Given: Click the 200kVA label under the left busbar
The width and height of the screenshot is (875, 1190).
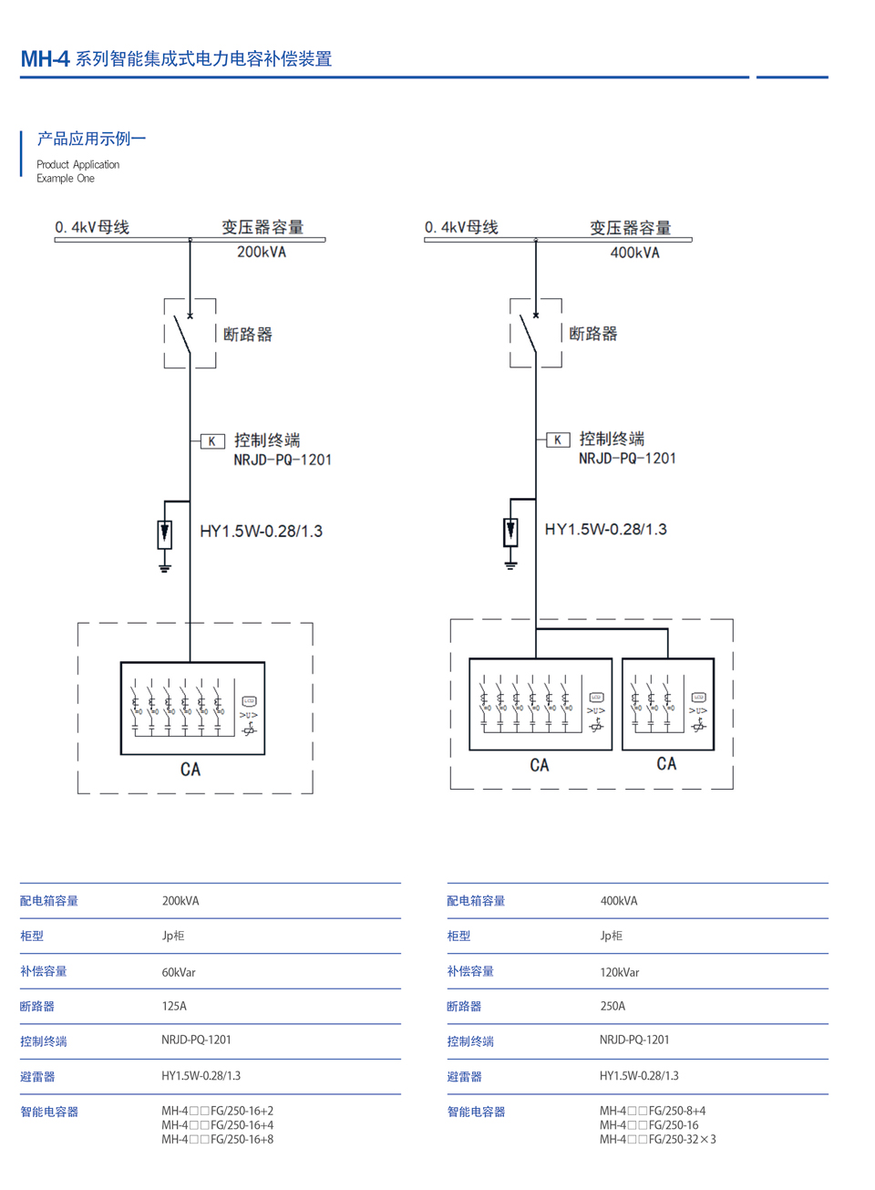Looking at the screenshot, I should pyautogui.click(x=262, y=252).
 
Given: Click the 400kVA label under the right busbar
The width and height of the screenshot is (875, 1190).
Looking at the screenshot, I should pyautogui.click(x=634, y=253).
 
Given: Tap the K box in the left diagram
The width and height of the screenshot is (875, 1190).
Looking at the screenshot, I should pyautogui.click(x=212, y=441).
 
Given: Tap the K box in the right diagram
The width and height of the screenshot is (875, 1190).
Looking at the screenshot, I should pyautogui.click(x=558, y=440).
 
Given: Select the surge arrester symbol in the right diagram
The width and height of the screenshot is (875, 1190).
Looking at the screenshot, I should pyautogui.click(x=510, y=531).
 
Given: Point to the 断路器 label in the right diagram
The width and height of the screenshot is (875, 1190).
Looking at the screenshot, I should pyautogui.click(x=593, y=334).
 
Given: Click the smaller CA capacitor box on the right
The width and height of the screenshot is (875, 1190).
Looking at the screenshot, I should pyautogui.click(x=667, y=704).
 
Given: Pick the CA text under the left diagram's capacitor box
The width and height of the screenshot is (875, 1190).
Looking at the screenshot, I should pyautogui.click(x=190, y=770).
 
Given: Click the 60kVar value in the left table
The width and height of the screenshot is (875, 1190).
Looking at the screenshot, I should pyautogui.click(x=179, y=972).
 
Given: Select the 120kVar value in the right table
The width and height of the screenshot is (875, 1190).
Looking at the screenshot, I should pyautogui.click(x=620, y=972).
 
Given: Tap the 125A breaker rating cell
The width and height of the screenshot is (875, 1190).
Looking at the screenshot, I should pyautogui.click(x=174, y=1006).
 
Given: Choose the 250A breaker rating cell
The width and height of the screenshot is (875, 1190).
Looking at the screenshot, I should pyautogui.click(x=612, y=1006).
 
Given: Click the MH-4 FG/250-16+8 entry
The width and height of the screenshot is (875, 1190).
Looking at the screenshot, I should pyautogui.click(x=218, y=1139).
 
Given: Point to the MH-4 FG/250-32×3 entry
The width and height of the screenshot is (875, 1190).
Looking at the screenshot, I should pyautogui.click(x=658, y=1139).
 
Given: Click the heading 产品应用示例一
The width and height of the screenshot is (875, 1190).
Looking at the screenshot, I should pyautogui.click(x=91, y=139).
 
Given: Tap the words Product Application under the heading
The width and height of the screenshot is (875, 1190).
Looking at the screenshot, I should pyautogui.click(x=78, y=164).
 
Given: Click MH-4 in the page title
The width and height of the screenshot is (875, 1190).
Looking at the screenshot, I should pyautogui.click(x=45, y=59).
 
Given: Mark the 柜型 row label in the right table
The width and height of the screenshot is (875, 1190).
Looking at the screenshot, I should pyautogui.click(x=458, y=936).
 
